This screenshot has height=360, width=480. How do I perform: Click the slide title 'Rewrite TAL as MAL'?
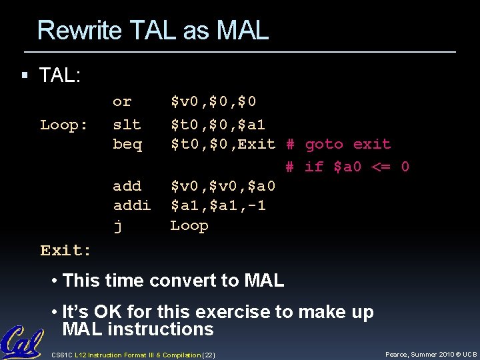tap(153, 30)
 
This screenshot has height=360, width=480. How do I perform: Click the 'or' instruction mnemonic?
tap(122, 102)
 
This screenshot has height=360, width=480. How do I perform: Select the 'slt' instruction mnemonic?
tap(127, 125)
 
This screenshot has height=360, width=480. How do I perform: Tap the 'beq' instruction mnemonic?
tap(127, 145)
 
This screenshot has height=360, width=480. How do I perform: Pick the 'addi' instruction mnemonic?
tap(131, 206)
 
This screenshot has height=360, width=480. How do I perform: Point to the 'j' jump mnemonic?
tap(117, 227)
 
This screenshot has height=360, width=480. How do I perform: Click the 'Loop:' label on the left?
tap(64, 125)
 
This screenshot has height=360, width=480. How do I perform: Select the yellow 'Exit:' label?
tap(65, 251)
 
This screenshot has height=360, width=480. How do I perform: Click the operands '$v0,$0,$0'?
tap(213, 102)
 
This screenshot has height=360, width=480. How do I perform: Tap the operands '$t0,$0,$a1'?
tap(218, 125)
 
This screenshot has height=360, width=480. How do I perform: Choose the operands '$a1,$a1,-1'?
tap(218, 206)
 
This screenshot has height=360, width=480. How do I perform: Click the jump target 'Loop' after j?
tap(189, 226)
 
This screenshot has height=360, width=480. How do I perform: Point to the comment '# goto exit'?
tap(338, 145)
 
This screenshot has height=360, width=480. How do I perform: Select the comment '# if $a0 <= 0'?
tap(347, 167)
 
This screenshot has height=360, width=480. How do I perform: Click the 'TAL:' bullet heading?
tap(60, 75)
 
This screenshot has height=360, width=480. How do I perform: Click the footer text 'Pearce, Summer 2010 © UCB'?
tap(430, 354)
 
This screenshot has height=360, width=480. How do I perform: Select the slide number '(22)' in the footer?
tap(208, 355)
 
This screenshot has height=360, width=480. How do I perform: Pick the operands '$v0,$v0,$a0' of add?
tap(223, 186)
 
